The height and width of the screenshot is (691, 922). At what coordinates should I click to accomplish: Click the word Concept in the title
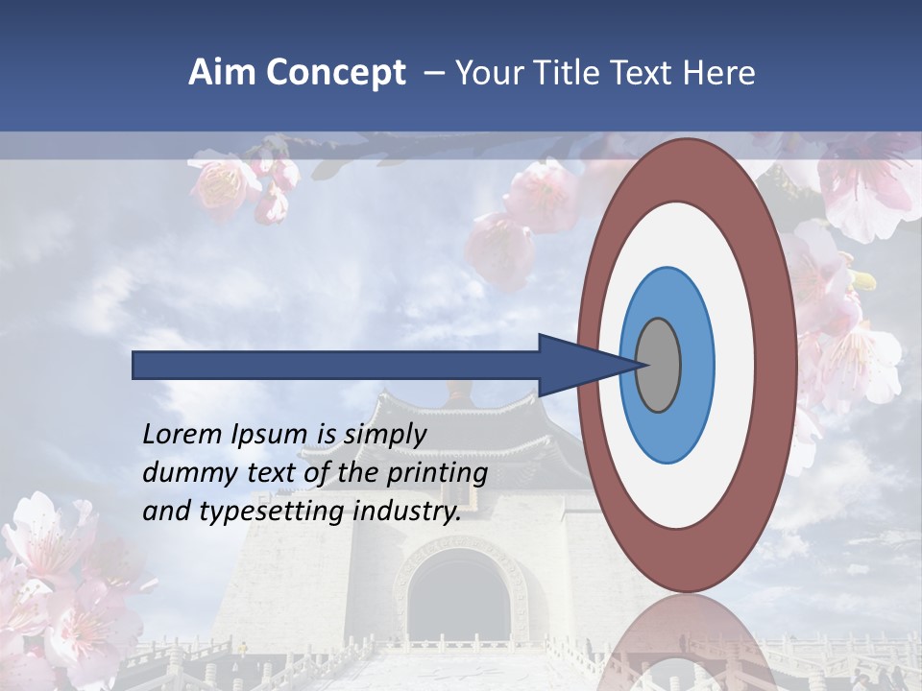[x=335, y=73]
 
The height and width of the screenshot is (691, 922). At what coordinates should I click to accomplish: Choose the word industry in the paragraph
[x=407, y=512]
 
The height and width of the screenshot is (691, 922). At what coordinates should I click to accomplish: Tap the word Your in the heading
[x=486, y=73]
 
